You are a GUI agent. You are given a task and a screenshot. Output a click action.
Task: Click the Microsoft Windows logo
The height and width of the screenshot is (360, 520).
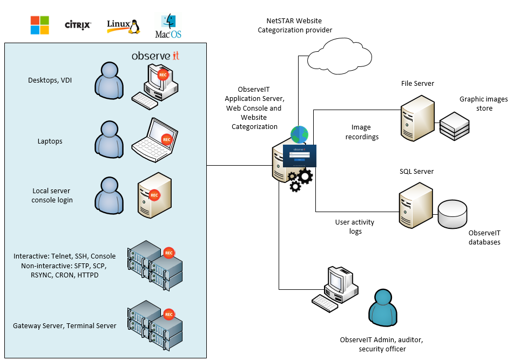point(39,25)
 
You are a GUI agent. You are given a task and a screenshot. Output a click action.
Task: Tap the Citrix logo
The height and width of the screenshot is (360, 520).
point(78,25)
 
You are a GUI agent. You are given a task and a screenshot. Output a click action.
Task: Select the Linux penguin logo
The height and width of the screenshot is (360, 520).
point(123,25)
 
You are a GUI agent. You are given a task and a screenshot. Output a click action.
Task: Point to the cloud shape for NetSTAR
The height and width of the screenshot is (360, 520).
point(339,56)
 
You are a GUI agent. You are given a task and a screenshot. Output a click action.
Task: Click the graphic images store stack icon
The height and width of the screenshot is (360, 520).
point(455,125)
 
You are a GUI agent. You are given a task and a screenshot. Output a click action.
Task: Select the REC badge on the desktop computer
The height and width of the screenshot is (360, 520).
point(163,75)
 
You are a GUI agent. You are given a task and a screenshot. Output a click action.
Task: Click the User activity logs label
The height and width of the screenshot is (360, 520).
point(354,227)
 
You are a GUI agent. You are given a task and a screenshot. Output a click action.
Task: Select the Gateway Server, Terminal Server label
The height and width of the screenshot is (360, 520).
point(65,325)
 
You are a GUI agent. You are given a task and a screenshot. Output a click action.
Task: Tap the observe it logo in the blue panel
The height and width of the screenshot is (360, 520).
point(156,56)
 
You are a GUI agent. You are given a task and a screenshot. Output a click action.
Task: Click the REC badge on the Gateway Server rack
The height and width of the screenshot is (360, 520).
point(168,314)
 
